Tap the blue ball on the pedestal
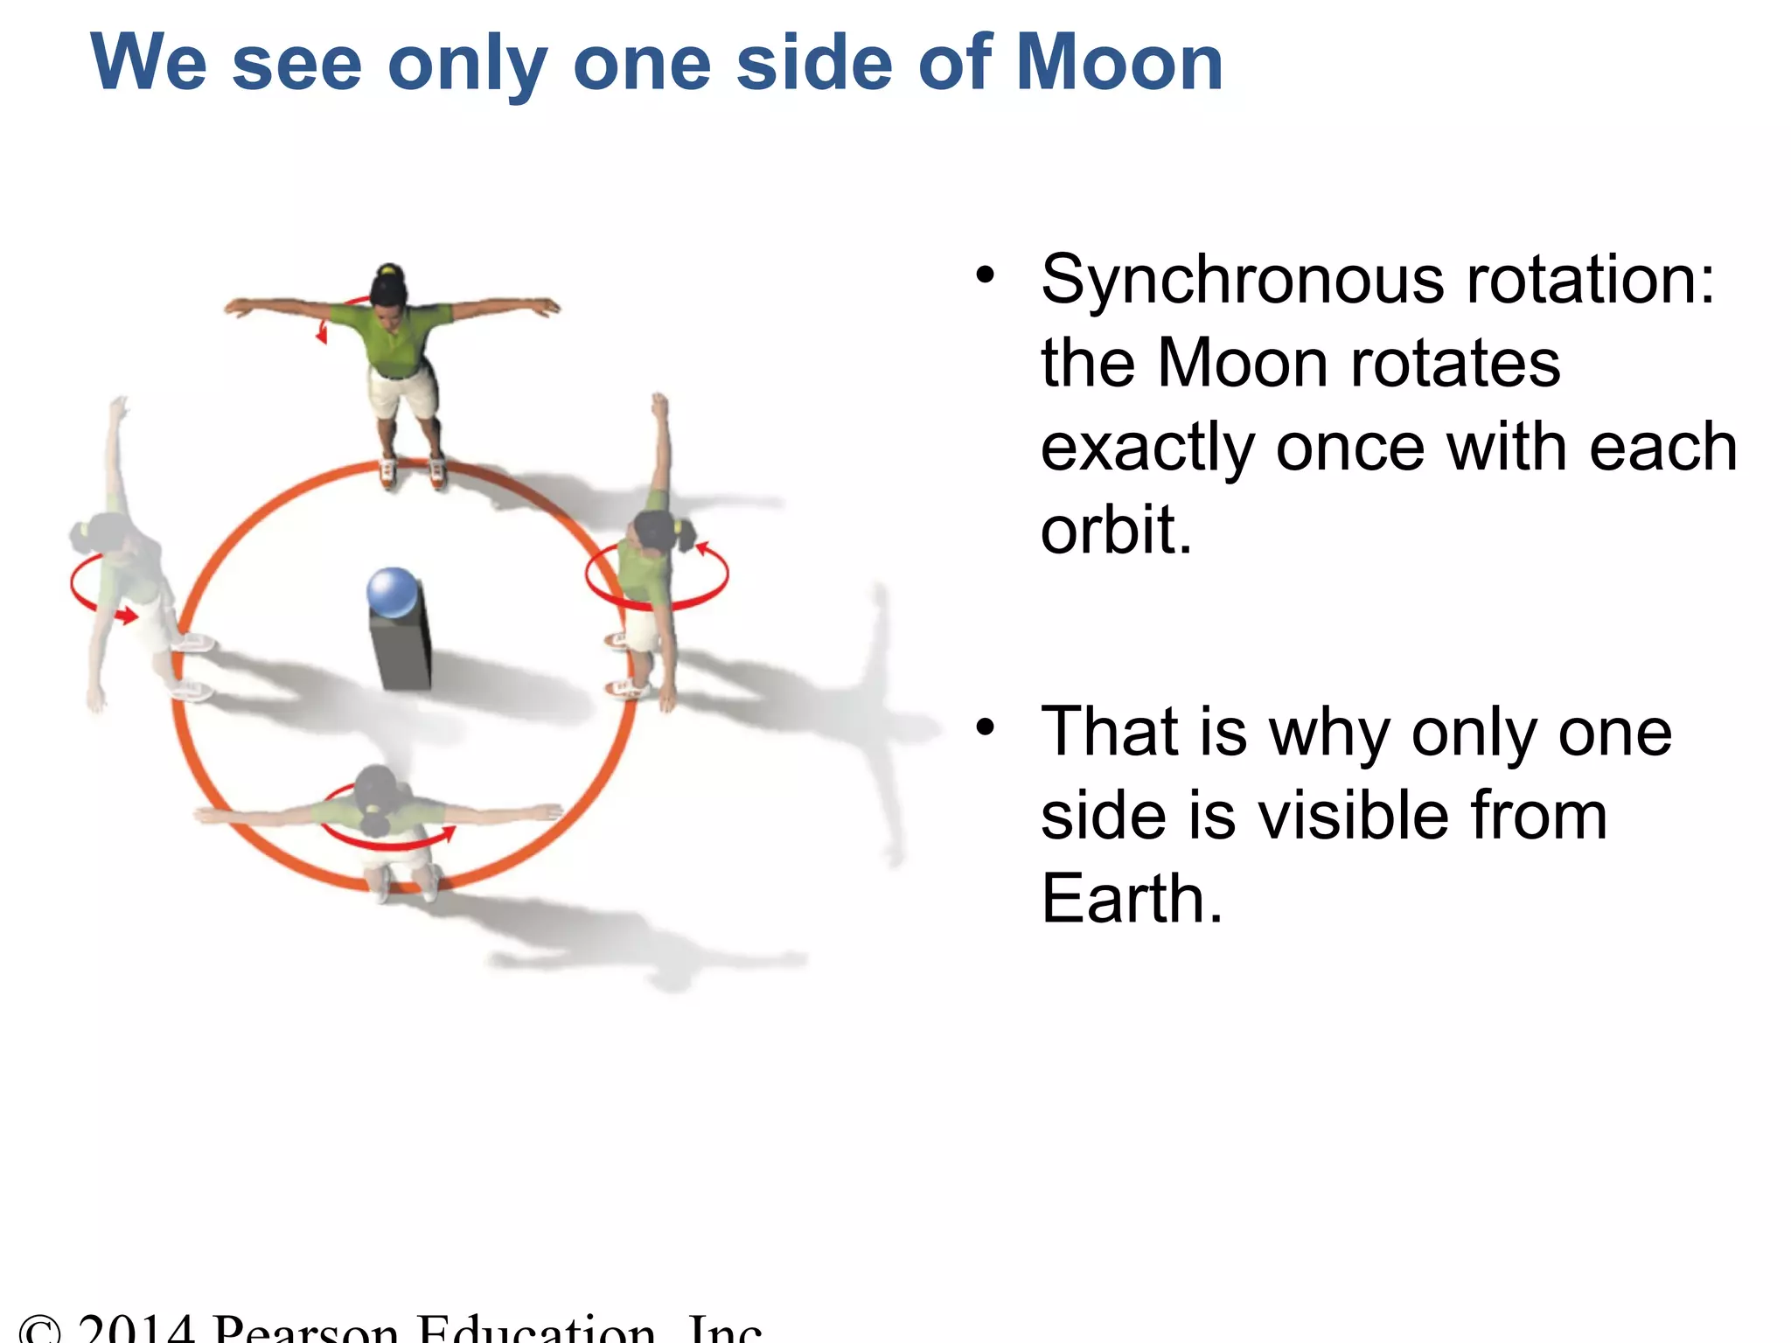(x=393, y=592)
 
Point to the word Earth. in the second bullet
(x=1131, y=898)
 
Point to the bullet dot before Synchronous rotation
(x=986, y=275)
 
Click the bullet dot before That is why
(x=986, y=727)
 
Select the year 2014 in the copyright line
(x=135, y=1329)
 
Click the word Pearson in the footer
(x=306, y=1329)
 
